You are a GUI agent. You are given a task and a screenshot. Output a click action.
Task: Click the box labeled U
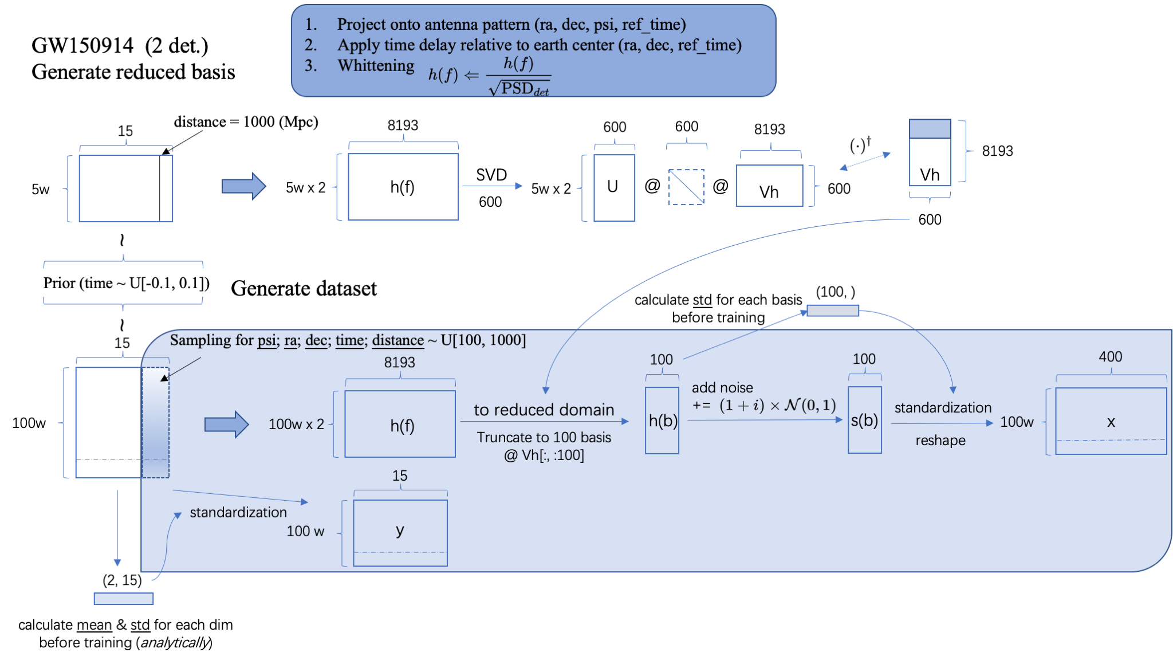(x=614, y=187)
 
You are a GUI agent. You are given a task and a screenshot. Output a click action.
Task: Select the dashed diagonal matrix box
(x=686, y=187)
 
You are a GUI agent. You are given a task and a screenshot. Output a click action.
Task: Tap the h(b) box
(x=662, y=421)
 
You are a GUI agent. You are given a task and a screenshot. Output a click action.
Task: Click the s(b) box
(x=864, y=420)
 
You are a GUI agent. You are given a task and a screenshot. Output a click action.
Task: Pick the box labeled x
(x=1111, y=421)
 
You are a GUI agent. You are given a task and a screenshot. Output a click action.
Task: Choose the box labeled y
(x=400, y=532)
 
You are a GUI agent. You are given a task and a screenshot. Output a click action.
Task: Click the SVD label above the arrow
(x=491, y=175)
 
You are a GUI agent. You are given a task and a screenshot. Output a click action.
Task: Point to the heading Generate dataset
(x=304, y=288)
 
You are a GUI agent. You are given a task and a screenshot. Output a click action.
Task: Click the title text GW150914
(x=82, y=45)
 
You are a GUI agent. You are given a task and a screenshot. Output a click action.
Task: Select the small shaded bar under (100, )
(x=833, y=311)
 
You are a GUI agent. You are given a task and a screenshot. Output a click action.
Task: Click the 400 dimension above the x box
(x=1110, y=357)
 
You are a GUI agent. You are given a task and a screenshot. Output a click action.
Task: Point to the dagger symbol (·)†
(x=860, y=145)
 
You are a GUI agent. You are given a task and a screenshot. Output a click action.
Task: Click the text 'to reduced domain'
(x=544, y=410)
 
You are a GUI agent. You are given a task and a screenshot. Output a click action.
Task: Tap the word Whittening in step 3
(x=376, y=66)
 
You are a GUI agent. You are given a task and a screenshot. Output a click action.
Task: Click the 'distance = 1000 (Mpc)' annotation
(x=246, y=122)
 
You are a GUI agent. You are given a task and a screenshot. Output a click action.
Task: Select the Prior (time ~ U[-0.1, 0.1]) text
(x=126, y=283)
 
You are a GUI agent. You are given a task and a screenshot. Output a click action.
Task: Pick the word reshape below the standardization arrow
(x=940, y=440)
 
